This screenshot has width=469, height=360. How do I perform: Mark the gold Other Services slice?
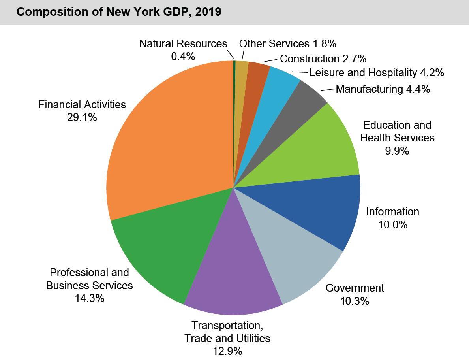[242, 71]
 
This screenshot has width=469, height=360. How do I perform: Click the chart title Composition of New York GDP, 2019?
[119, 12]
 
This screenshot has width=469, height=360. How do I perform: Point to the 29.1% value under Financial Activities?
[82, 117]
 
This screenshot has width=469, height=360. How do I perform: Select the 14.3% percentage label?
[89, 298]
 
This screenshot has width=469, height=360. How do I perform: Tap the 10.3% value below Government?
[355, 301]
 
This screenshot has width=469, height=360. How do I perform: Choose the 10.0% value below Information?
[392, 225]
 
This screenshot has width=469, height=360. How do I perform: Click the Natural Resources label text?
[183, 43]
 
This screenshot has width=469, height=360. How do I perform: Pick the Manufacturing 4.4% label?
[383, 89]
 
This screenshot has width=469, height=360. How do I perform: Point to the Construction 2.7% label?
[323, 59]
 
